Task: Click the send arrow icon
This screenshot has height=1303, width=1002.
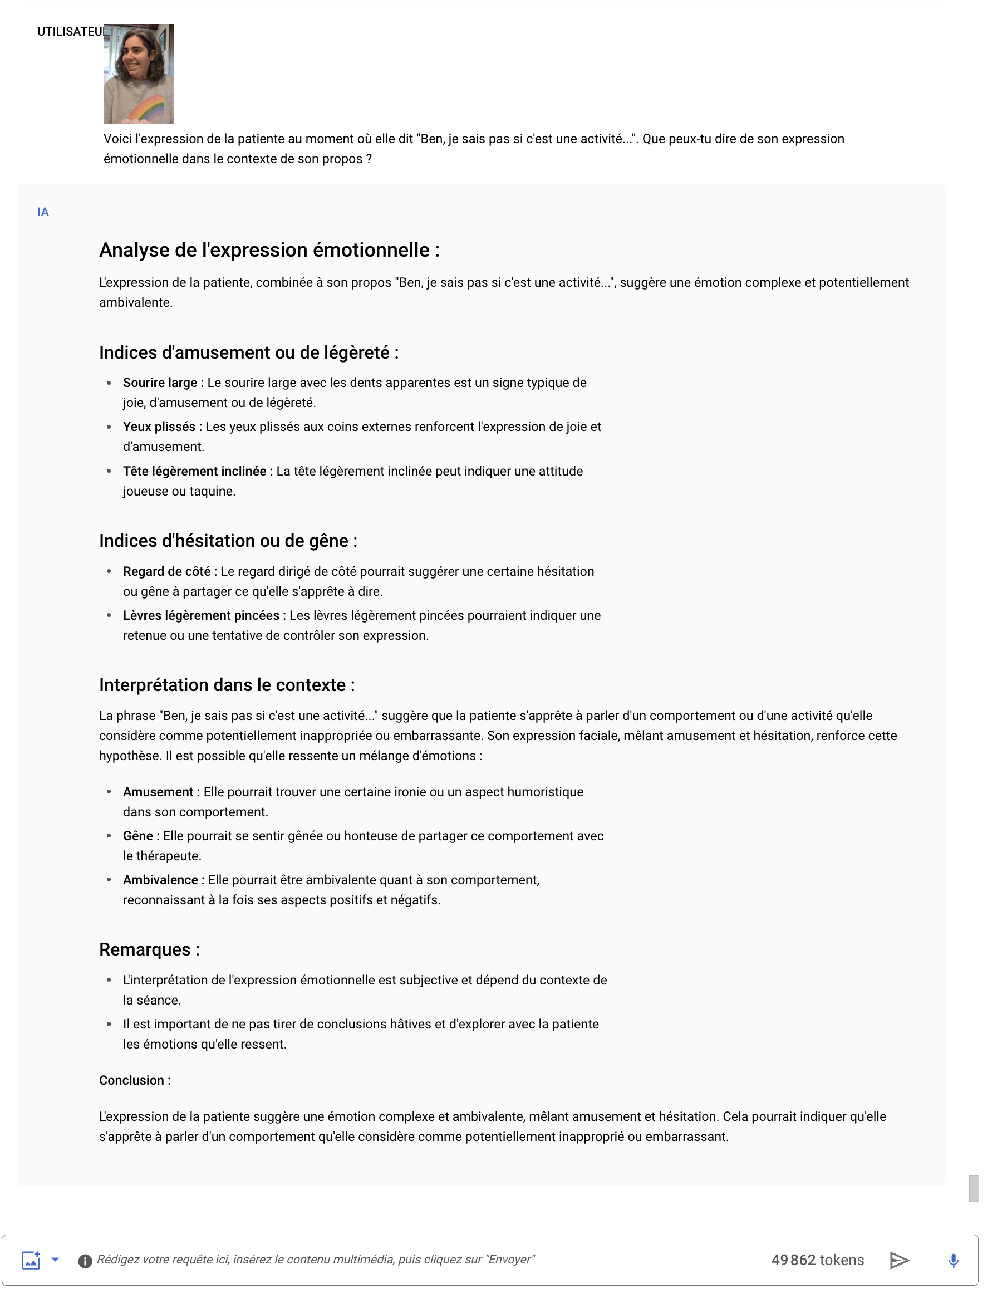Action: (x=899, y=1260)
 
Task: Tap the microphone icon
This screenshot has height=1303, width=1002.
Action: (x=953, y=1260)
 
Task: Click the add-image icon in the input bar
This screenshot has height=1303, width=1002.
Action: (x=31, y=1260)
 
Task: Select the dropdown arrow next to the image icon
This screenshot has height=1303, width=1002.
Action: (x=56, y=1260)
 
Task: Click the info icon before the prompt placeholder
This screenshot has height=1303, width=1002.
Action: (x=85, y=1261)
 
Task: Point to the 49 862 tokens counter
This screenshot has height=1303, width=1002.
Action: (x=817, y=1260)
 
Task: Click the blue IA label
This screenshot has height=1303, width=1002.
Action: (x=43, y=212)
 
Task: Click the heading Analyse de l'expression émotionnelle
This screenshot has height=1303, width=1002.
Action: (x=269, y=250)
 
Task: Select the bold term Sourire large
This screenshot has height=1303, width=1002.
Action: (x=160, y=383)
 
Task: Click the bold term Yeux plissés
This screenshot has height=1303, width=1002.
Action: (x=159, y=427)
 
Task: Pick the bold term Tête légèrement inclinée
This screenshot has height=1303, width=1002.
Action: (x=194, y=471)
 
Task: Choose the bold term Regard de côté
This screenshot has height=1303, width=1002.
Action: (x=166, y=571)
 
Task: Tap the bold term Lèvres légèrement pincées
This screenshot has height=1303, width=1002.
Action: (x=201, y=616)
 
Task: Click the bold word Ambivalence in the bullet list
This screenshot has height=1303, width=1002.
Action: (x=160, y=880)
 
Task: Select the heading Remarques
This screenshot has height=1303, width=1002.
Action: (x=149, y=949)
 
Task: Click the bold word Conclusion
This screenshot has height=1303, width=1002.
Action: (x=131, y=1080)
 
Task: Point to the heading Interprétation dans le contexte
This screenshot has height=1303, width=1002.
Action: (x=227, y=685)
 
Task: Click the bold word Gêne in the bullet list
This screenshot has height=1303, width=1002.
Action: (x=138, y=836)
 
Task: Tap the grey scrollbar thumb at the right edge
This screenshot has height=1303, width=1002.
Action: (x=974, y=1188)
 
